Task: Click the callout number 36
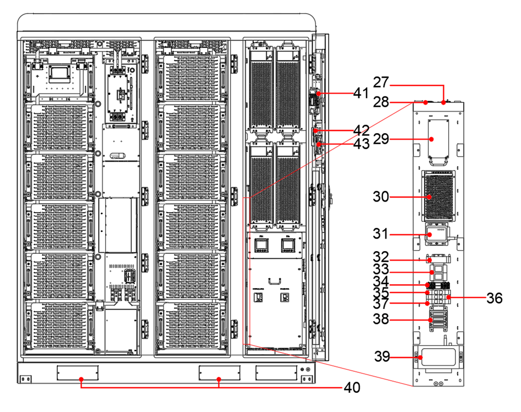(x=494, y=298)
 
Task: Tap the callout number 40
(x=352, y=388)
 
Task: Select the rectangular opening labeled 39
(x=438, y=359)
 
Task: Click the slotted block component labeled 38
(x=438, y=320)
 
